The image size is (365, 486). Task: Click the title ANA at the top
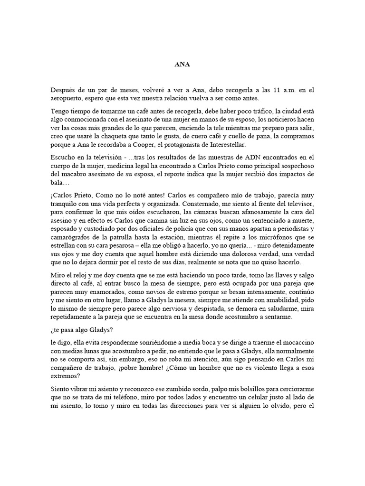point(182,65)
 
